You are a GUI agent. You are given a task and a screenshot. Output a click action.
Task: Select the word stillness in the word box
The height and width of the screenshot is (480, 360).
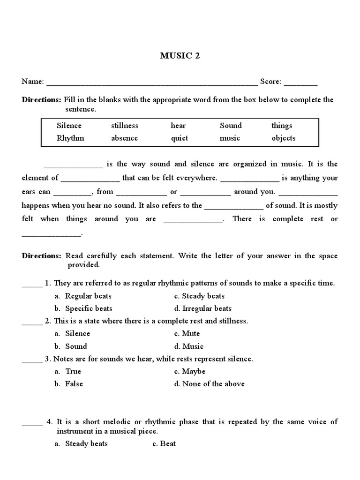tap(125, 126)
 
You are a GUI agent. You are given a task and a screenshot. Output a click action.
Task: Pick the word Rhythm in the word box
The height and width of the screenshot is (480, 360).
tap(70, 138)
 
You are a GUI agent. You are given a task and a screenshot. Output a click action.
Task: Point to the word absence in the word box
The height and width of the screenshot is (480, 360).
tap(125, 138)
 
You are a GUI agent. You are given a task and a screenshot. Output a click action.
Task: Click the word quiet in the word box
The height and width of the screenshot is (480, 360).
tap(180, 138)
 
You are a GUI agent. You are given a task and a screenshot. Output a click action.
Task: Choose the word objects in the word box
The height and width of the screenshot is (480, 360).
tap(284, 138)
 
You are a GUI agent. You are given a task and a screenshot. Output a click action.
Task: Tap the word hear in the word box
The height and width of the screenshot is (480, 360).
tap(178, 126)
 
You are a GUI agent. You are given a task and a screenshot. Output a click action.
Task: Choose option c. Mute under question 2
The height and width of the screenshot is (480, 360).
tap(187, 333)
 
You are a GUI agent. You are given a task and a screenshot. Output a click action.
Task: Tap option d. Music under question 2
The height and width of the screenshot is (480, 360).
tap(188, 346)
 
